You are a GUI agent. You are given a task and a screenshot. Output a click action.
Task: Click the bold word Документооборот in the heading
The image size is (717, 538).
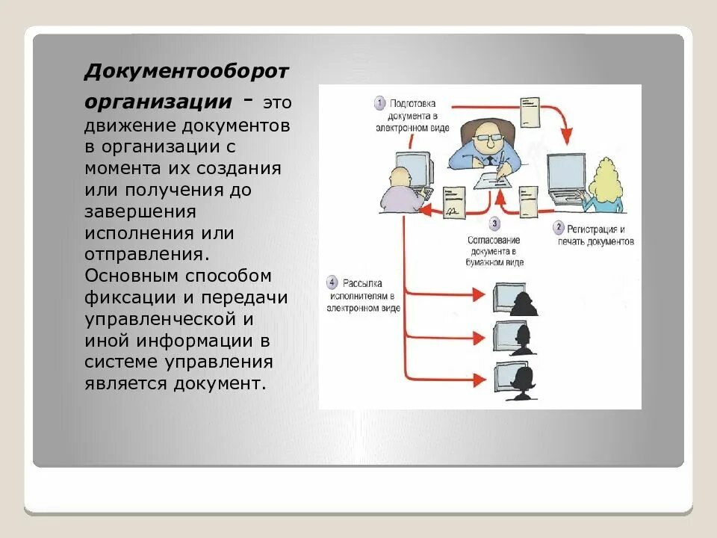click(x=186, y=72)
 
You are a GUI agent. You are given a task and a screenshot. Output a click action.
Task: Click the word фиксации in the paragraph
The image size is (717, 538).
click(x=131, y=297)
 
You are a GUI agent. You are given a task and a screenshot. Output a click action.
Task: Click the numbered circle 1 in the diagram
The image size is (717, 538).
click(x=379, y=102)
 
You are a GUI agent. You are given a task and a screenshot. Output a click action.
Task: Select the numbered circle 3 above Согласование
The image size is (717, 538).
click(x=494, y=223)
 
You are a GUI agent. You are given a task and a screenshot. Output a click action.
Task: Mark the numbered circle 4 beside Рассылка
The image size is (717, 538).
click(x=332, y=282)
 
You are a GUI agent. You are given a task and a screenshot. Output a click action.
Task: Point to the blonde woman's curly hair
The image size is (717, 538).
click(x=605, y=183)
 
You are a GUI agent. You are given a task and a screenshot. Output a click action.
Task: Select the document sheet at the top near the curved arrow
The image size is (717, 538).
click(x=530, y=111)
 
